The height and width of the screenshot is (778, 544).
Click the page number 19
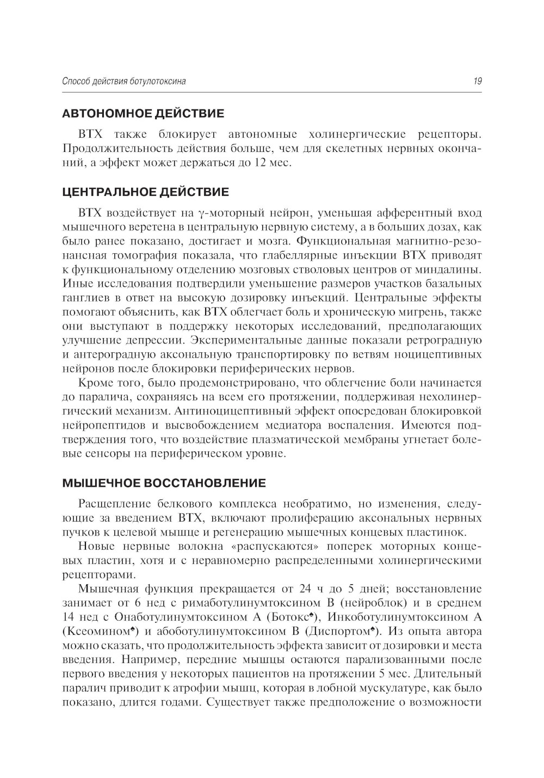[x=477, y=82]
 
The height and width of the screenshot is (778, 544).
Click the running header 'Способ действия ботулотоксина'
[x=124, y=82]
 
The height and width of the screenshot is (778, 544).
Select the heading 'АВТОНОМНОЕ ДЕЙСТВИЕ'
[x=143, y=114]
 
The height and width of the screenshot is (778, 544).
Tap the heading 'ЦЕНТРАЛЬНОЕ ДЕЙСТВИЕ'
[x=146, y=192]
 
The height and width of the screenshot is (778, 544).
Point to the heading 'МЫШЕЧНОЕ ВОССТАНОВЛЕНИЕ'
[x=164, y=483]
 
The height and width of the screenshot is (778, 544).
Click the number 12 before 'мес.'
[x=259, y=162]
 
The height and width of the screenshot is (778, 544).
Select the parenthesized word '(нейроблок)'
[x=377, y=603]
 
